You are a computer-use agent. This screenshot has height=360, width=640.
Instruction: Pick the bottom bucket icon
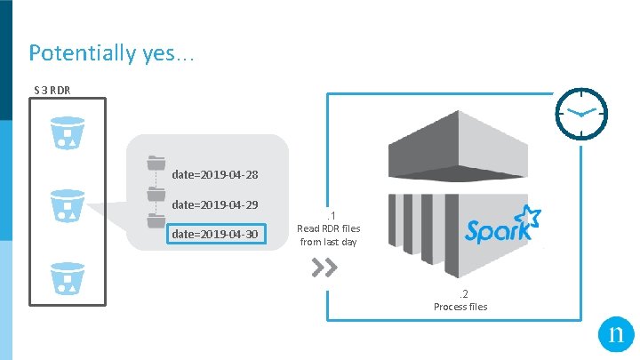(68, 276)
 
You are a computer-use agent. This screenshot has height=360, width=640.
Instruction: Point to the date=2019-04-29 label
(215, 204)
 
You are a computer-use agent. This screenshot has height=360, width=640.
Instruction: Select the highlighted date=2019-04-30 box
(215, 234)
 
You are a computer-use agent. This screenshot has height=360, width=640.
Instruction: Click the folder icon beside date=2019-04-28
(156, 163)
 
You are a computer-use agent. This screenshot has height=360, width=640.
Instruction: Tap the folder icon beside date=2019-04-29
(156, 193)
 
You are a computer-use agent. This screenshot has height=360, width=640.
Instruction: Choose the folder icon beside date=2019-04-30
(156, 223)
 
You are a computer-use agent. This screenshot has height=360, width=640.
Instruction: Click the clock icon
(581, 114)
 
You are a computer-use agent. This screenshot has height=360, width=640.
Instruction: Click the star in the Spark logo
(530, 216)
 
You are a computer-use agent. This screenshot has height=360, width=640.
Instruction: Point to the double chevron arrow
(326, 268)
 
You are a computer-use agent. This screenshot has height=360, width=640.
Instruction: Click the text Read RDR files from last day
(330, 235)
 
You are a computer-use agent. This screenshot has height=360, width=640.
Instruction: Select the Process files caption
(460, 307)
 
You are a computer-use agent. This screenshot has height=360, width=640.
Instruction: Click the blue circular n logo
(613, 336)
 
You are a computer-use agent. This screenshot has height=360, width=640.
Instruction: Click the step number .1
(330, 214)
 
